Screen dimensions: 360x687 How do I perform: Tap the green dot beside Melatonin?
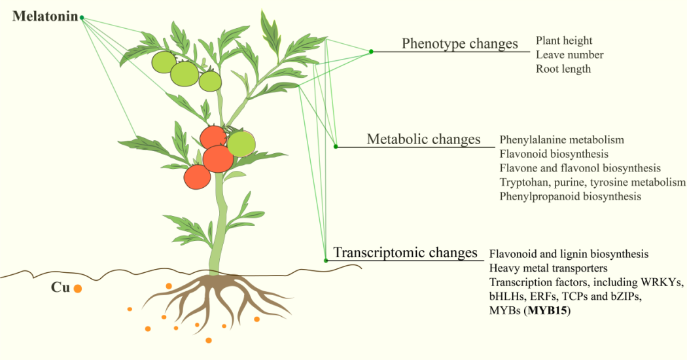(x=82, y=18)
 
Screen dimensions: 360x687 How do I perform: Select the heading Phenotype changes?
(x=459, y=44)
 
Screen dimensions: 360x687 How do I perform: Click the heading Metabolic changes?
(x=423, y=139)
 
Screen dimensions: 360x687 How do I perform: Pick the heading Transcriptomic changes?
(x=405, y=253)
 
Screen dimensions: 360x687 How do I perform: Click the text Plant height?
(x=564, y=41)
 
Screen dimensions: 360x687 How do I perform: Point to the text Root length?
(x=563, y=69)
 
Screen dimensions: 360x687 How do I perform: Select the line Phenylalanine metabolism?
(x=561, y=139)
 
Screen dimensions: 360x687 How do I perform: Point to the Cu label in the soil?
(x=60, y=287)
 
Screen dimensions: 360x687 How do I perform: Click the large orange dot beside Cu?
(x=77, y=288)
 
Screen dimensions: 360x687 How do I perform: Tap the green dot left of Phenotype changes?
(x=371, y=51)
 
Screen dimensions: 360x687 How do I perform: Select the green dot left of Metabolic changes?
(x=336, y=147)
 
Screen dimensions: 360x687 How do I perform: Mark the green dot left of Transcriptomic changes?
(x=326, y=260)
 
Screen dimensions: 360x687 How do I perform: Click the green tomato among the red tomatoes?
(x=241, y=143)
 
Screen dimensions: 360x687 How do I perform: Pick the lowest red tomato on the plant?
(x=197, y=177)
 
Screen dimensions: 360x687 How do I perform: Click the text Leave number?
(x=569, y=55)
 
